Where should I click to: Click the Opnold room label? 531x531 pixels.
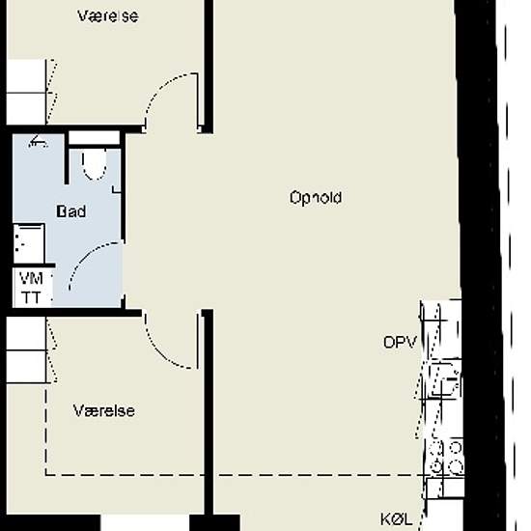[316, 198]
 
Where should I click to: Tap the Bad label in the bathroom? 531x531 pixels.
[71, 211]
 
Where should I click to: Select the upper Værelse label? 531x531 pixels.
[108, 15]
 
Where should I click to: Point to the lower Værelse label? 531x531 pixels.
[104, 410]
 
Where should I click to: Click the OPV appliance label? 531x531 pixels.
[400, 343]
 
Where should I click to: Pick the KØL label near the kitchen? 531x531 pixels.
[396, 519]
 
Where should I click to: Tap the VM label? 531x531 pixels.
[31, 279]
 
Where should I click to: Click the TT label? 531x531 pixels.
[31, 297]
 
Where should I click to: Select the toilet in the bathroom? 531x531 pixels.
[95, 165]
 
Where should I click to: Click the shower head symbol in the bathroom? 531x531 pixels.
[38, 142]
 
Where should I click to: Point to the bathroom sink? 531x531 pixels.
[29, 242]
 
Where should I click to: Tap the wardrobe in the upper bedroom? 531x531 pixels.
[26, 92]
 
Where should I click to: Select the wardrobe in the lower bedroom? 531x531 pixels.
[26, 350]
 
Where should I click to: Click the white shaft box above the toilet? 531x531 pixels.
[95, 138]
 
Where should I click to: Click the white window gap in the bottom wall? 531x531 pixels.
[145, 523]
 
